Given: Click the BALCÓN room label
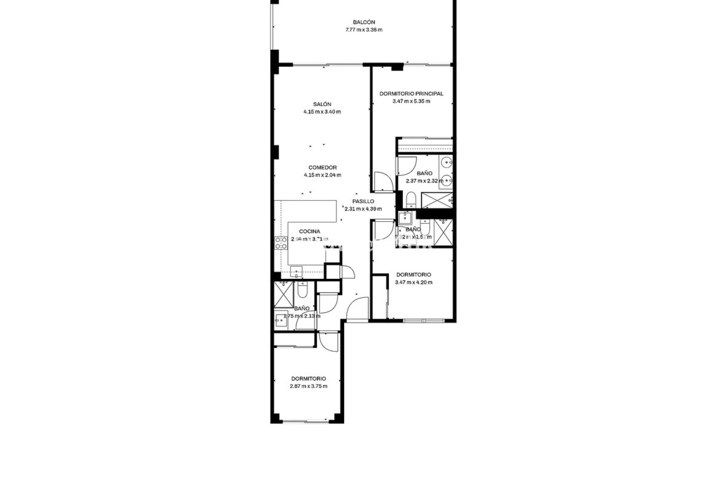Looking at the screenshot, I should [x=363, y=22].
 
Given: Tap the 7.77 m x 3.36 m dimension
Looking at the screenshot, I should [x=363, y=30].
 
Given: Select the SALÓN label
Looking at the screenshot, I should [x=322, y=104].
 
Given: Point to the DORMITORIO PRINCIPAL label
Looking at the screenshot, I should [x=411, y=94].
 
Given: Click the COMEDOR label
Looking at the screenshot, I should [x=322, y=167].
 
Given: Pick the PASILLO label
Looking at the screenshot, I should [x=363, y=201].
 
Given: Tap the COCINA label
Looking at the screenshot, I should [x=309, y=231].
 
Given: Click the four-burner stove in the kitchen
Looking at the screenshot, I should [x=281, y=243].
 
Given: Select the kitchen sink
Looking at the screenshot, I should [x=296, y=271].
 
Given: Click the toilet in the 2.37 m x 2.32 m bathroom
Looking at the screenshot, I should [x=410, y=199].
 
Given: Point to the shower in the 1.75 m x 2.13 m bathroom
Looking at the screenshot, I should [x=283, y=294].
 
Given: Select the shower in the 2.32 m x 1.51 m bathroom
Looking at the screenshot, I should [x=443, y=232].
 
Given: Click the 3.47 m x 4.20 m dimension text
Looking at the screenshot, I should [x=413, y=282].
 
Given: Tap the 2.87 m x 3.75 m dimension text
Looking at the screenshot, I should [x=308, y=386].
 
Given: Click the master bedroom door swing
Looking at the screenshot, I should [x=379, y=181].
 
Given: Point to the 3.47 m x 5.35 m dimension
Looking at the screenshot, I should [x=411, y=101].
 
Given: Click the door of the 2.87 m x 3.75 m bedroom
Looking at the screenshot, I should [x=328, y=342].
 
